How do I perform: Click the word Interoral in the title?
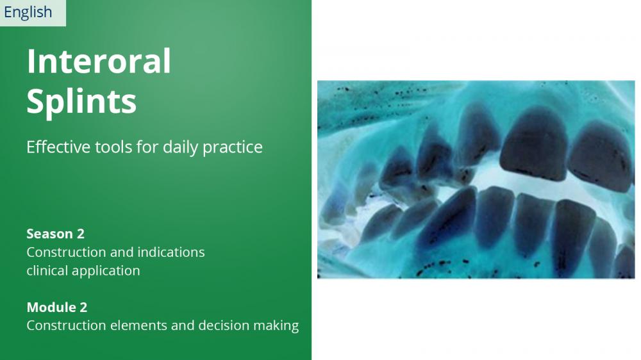point(99,61)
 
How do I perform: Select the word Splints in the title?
point(81,101)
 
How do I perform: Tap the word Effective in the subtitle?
point(59,147)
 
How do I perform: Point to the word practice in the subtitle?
point(233,147)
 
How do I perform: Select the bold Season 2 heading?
point(56,234)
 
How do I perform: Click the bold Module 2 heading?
point(57,307)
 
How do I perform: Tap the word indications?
point(171,252)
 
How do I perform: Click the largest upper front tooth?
point(534,144)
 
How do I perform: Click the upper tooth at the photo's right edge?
point(601,157)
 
